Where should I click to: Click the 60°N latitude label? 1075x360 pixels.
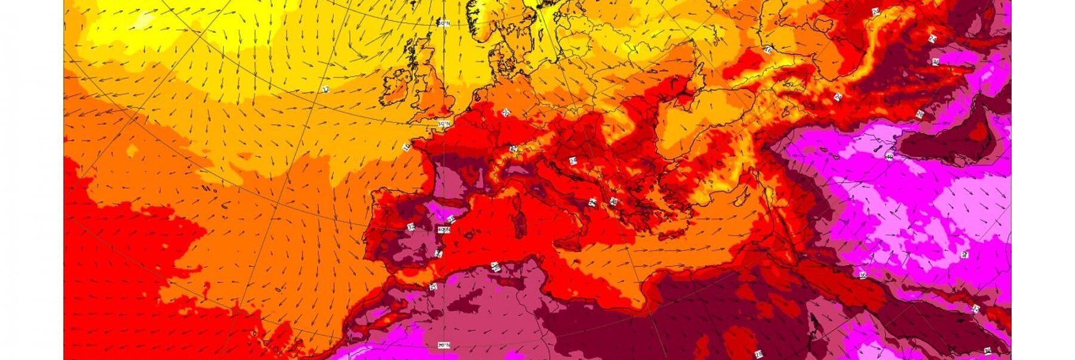point(443,23)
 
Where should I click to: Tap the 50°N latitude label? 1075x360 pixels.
point(443,124)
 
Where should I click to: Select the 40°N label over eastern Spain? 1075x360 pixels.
point(443,229)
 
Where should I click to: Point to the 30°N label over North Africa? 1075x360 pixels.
point(443,345)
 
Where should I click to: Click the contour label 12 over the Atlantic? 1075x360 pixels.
point(325,90)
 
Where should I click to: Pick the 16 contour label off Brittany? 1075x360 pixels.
point(407,147)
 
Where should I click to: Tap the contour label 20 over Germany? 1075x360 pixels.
point(506,112)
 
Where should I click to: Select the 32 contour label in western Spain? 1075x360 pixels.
point(411,227)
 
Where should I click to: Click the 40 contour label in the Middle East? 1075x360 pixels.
point(889,157)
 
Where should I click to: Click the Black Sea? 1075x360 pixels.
point(687,125)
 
